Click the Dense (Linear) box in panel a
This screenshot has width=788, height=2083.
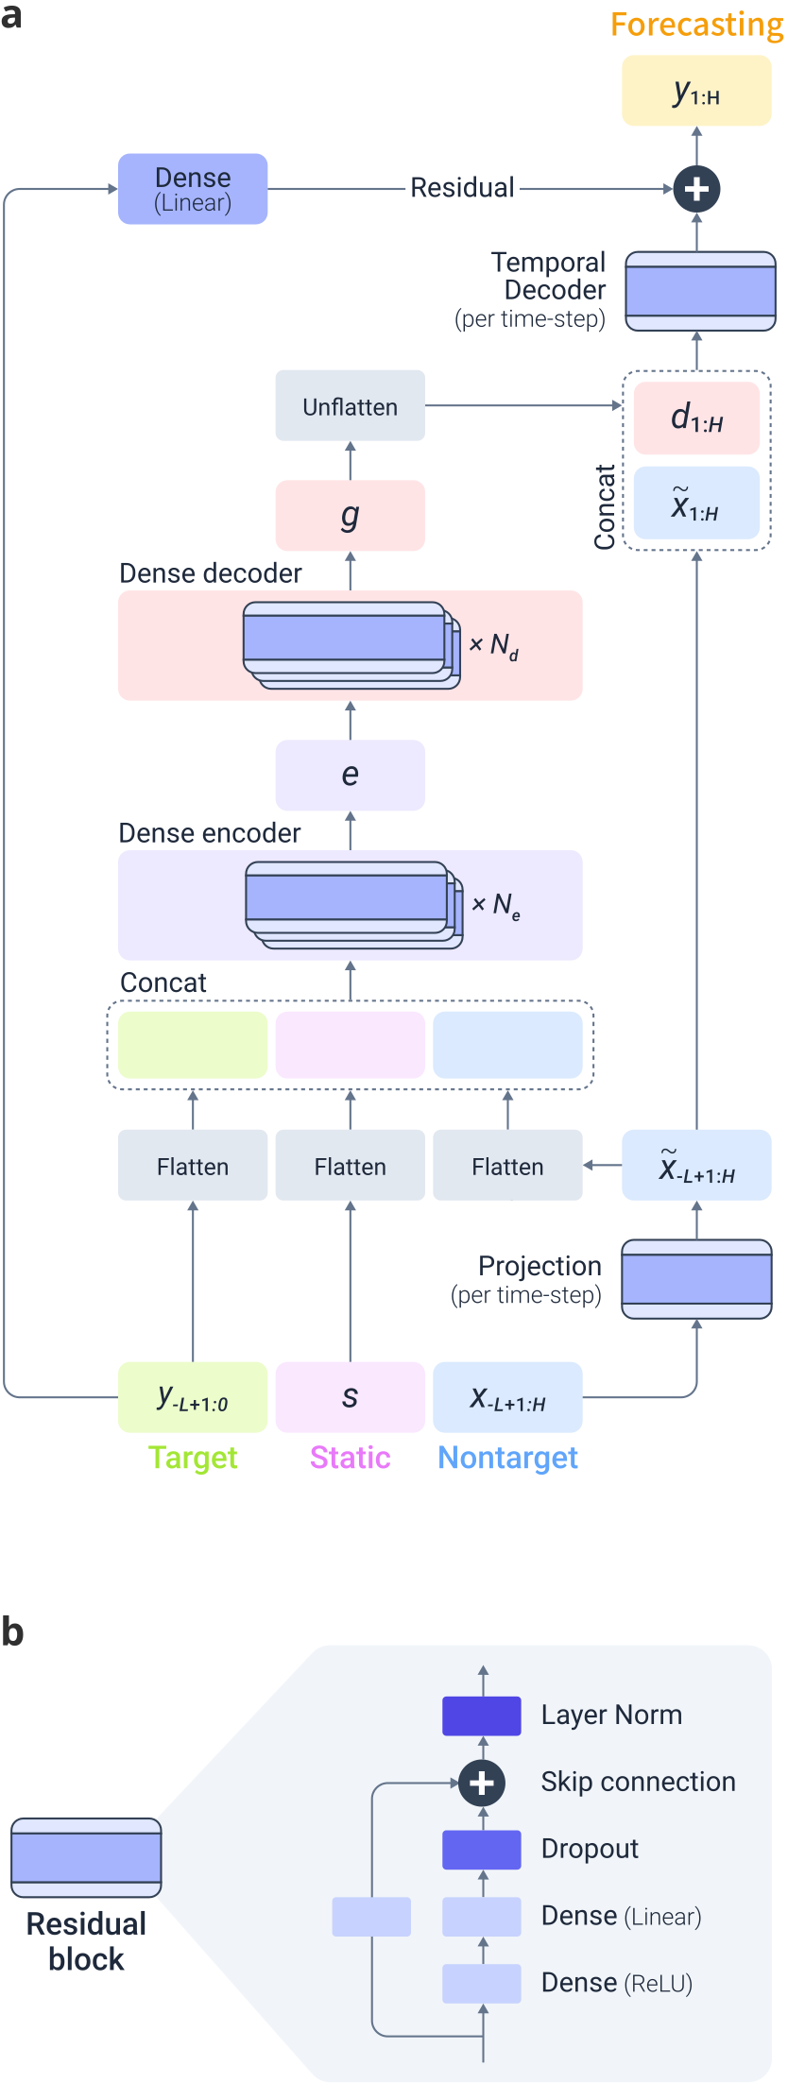click(193, 189)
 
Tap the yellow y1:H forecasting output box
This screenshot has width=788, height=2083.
click(696, 91)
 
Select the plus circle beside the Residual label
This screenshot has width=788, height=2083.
click(696, 189)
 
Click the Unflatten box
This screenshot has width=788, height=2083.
click(350, 405)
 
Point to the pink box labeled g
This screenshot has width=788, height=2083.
click(350, 516)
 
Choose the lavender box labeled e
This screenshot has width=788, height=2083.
click(350, 775)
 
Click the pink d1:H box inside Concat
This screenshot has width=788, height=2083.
click(696, 418)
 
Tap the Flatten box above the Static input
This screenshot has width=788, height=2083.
click(350, 1166)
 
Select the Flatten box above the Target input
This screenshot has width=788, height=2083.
click(193, 1166)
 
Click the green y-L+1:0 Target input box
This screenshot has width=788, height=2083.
click(193, 1397)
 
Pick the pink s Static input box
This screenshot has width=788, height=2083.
click(350, 1397)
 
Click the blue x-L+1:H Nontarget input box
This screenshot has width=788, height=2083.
click(507, 1397)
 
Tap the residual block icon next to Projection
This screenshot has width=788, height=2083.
click(696, 1279)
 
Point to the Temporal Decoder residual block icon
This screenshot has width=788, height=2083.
click(700, 291)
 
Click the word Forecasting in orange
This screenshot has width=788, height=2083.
click(696, 25)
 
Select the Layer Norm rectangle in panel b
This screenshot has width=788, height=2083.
click(482, 1716)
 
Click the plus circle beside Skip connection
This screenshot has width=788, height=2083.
click(482, 1784)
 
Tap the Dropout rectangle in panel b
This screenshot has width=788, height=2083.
click(482, 1850)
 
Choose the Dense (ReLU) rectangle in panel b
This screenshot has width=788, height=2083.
click(482, 1983)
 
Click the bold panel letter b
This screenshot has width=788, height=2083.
click(12, 1632)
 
